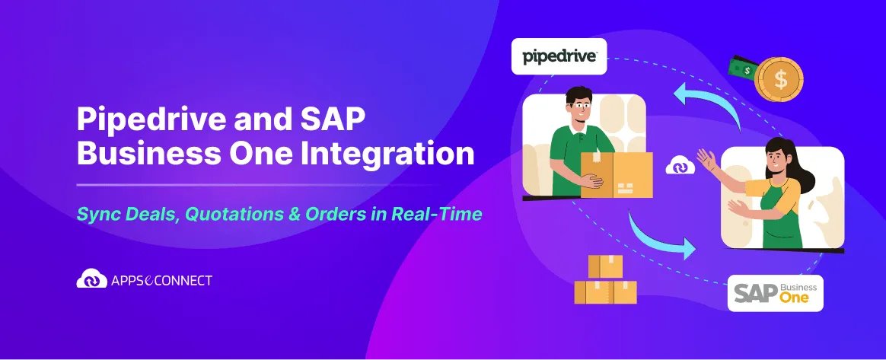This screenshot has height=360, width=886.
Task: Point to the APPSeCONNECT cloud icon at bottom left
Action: click(x=92, y=279)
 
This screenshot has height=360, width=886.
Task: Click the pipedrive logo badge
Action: click(x=559, y=56)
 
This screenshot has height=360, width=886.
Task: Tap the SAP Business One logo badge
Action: click(x=775, y=293)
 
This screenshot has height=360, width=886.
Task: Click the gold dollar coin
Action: click(x=779, y=79)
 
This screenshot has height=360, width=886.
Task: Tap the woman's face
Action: click(x=773, y=157)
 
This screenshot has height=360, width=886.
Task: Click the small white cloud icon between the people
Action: click(x=680, y=166)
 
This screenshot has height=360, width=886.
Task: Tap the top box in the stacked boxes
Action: click(x=605, y=266)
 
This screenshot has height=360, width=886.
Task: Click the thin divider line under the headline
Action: click(x=259, y=184)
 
